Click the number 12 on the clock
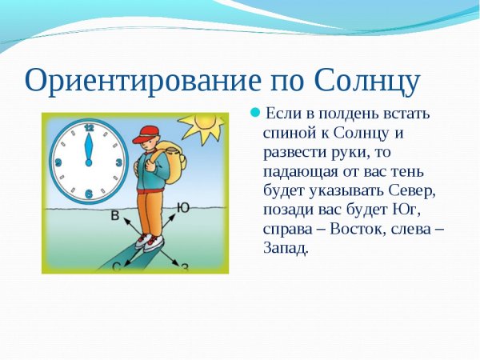click(89, 128)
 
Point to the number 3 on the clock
click(119, 162)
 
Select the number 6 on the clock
click(88, 194)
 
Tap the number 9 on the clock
click(58, 162)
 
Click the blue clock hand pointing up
click(89, 148)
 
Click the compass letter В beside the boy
click(115, 215)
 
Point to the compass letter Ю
click(183, 209)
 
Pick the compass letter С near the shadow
click(116, 266)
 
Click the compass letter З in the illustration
click(185, 267)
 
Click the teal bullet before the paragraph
click(255, 111)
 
